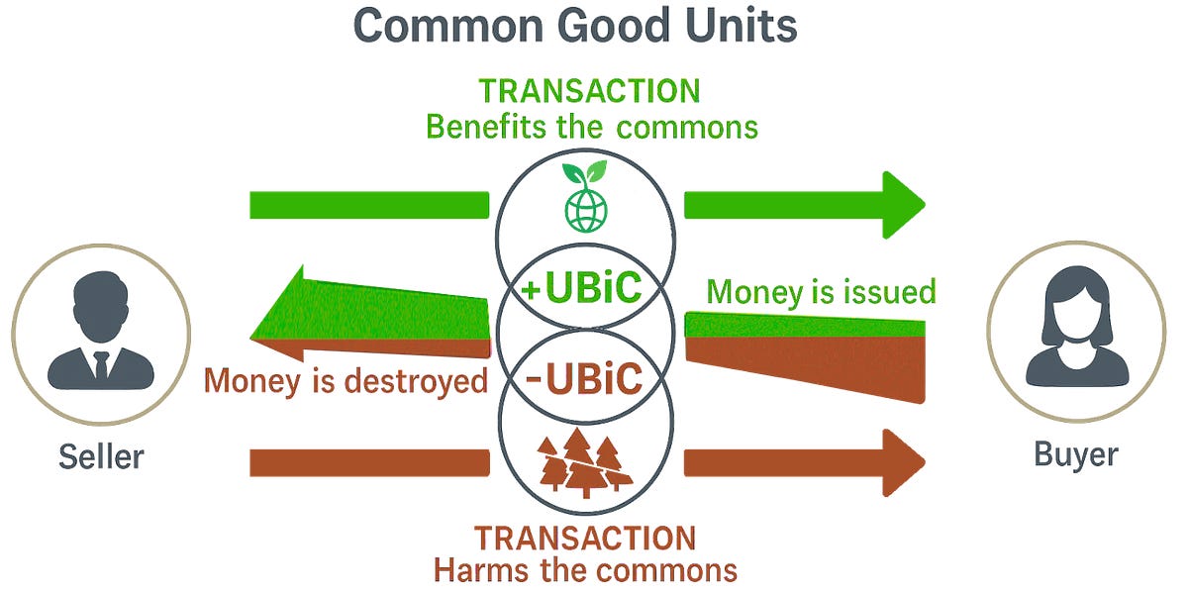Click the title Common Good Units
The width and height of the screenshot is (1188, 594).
tap(574, 26)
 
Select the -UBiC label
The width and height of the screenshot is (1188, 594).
tap(583, 379)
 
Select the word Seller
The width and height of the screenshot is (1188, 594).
tap(101, 456)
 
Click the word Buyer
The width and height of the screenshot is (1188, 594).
tap(1076, 454)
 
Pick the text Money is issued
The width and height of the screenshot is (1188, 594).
tap(821, 292)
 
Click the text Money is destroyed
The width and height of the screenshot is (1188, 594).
tap(346, 381)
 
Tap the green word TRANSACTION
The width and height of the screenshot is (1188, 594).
tap(589, 91)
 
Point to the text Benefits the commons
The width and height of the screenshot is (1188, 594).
tap(591, 127)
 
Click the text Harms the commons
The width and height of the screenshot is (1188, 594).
tap(584, 570)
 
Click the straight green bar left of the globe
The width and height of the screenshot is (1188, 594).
tap(369, 204)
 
